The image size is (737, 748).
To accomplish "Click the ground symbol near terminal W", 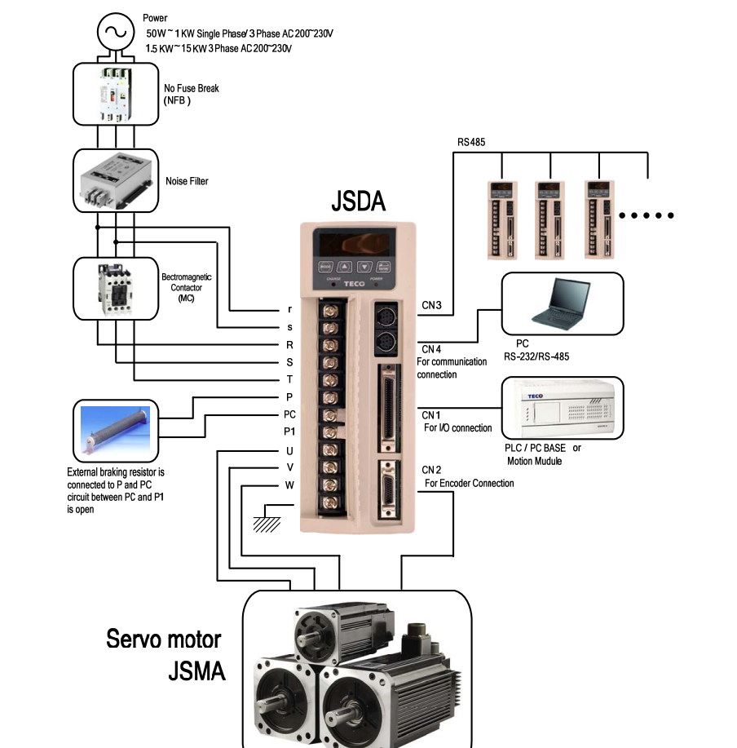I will coord(267,519).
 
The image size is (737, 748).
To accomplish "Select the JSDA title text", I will coord(358,201).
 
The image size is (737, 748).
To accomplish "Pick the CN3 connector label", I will coord(431,307).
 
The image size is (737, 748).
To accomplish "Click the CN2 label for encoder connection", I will coord(431,470).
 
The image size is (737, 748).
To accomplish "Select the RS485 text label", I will coord(471,142).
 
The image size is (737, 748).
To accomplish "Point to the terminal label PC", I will coord(289,414).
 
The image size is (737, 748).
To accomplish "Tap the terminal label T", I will coord(289,379).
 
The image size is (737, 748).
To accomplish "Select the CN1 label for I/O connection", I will coord(431,414).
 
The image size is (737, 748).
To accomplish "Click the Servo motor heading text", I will coord(163,639).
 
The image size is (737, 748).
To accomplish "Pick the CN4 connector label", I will coord(431,349).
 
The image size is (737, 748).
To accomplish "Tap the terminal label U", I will coord(289,450).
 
